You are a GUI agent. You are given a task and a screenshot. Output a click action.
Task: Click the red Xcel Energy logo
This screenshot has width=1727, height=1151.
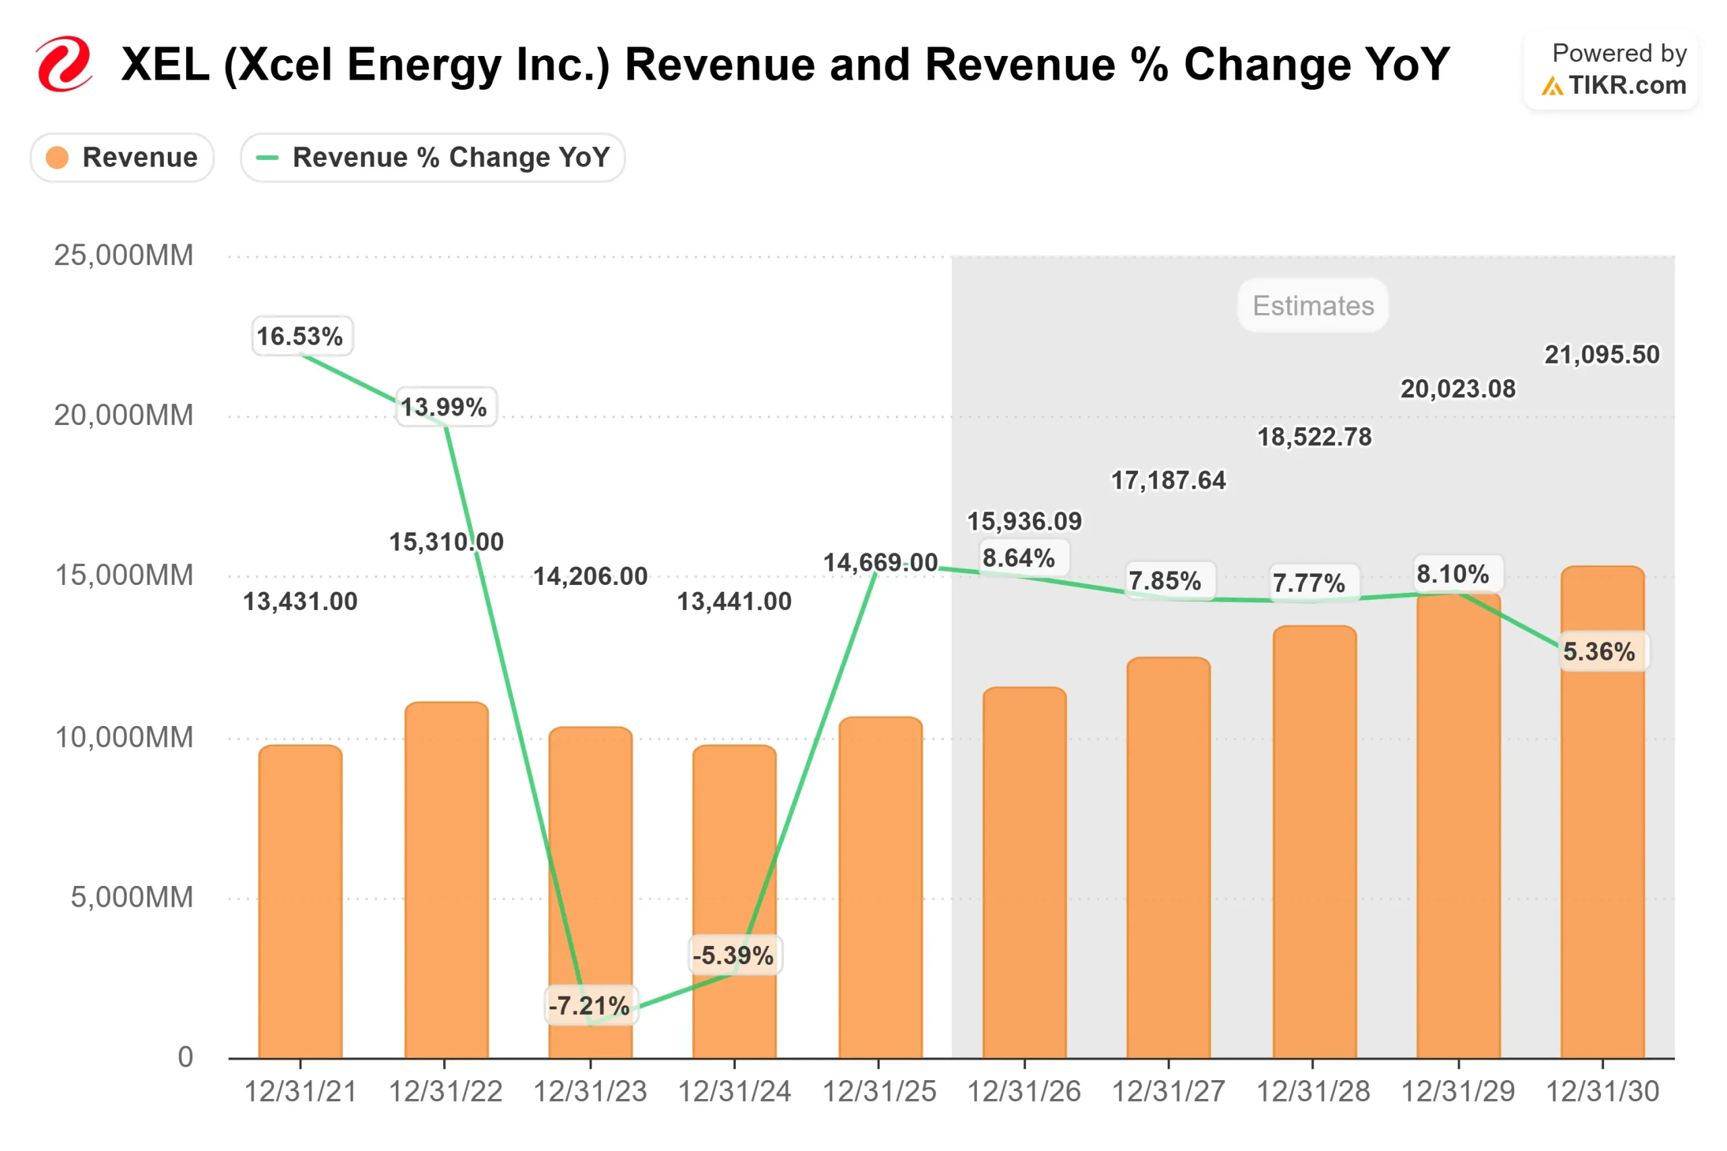[x=64, y=64]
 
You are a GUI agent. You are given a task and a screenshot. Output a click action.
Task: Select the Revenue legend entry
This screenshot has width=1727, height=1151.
[x=122, y=157]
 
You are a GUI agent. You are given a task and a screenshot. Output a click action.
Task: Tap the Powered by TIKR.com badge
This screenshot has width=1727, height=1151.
[x=1610, y=69]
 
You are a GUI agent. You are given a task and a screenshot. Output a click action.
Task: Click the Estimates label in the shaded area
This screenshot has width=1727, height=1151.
[x=1312, y=306]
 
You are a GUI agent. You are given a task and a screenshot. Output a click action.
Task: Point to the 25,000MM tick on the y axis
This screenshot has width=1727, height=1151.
[x=123, y=256]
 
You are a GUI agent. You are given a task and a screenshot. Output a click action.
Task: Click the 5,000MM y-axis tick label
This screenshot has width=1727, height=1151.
[x=132, y=897]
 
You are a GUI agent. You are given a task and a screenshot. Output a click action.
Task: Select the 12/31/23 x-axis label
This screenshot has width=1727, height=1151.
[x=590, y=1092]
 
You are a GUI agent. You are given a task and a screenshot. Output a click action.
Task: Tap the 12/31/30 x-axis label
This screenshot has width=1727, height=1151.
[x=1602, y=1092]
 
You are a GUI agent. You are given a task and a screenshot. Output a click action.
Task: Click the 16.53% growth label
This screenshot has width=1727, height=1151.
[x=300, y=336]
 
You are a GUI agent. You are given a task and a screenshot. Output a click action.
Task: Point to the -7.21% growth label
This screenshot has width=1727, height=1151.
[x=590, y=1005]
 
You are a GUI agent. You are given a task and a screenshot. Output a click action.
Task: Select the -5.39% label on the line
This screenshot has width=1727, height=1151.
[x=733, y=955]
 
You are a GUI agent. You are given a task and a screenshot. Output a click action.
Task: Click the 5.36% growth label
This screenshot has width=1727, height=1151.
[x=1599, y=651]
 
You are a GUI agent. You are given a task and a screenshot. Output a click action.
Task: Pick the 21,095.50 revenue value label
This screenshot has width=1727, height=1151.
[x=1602, y=355]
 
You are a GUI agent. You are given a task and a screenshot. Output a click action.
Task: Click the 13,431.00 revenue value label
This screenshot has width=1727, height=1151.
[x=300, y=601]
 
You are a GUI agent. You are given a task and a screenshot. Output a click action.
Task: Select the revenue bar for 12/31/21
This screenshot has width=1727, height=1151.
[x=300, y=903]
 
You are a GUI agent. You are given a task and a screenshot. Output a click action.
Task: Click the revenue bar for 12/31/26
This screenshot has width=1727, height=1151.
[x=1024, y=874]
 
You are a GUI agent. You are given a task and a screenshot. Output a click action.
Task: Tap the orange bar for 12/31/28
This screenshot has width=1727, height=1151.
[x=1313, y=844]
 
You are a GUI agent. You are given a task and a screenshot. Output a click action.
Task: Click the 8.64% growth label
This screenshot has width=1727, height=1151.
[x=1018, y=558]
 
